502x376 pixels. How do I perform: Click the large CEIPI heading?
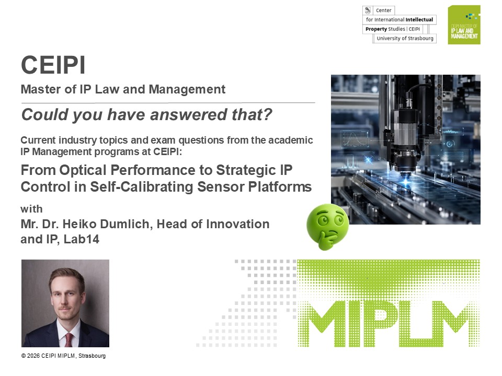coord(53,65)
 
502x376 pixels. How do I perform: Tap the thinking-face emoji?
coord(327,226)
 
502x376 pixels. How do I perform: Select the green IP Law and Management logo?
coord(464,25)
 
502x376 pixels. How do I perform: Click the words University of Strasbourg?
coord(405,38)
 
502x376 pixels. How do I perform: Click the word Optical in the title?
coord(83,170)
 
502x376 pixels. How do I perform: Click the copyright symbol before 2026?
coord(24,356)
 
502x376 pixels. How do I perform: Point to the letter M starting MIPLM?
coord(321,324)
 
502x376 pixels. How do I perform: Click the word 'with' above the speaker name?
coord(31,209)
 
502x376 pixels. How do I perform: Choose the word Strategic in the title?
coord(246,170)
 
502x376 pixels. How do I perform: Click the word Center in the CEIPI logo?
coord(383,10)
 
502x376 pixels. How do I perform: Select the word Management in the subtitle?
coord(187,89)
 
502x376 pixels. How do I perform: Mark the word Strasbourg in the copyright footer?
coord(92,356)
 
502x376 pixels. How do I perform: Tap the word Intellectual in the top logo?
coord(419,19)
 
